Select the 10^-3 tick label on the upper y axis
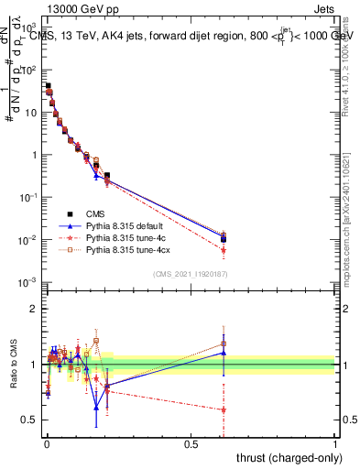[x=27, y=282]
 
